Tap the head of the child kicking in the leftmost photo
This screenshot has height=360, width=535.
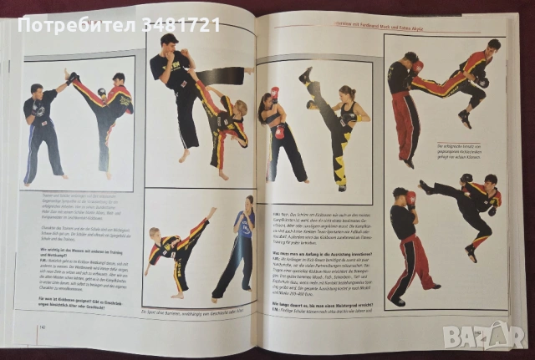click(119, 79)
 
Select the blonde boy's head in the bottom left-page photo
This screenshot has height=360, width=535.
click(156, 233)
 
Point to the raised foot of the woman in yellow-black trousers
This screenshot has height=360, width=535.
click(305, 74)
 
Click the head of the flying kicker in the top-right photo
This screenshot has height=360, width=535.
click(492, 46)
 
